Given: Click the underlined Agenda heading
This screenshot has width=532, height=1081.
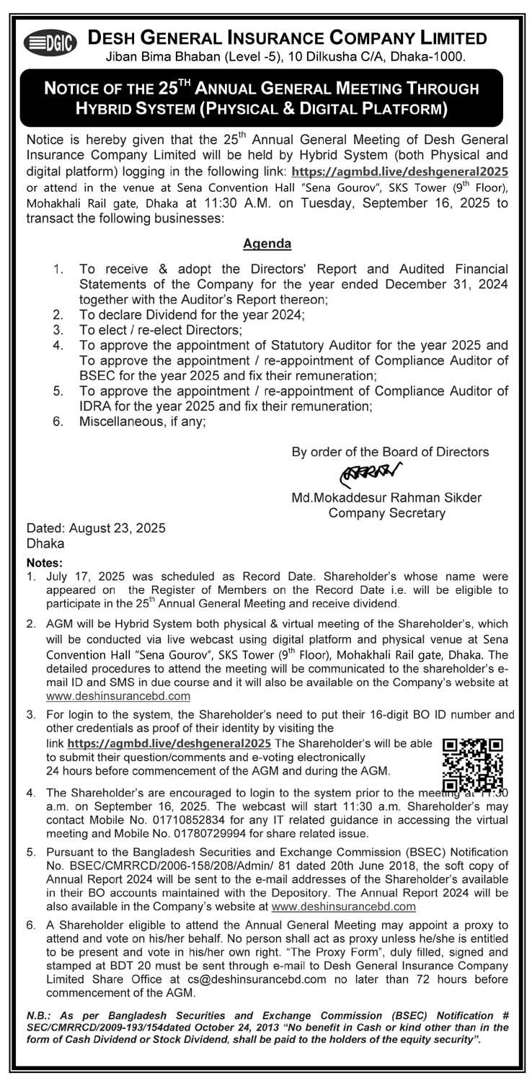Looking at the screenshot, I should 267,244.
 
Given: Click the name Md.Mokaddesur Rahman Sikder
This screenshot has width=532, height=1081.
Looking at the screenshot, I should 386,498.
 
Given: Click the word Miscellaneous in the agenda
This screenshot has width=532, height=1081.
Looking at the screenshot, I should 120,423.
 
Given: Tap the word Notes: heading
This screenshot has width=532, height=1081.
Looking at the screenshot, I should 45,562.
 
